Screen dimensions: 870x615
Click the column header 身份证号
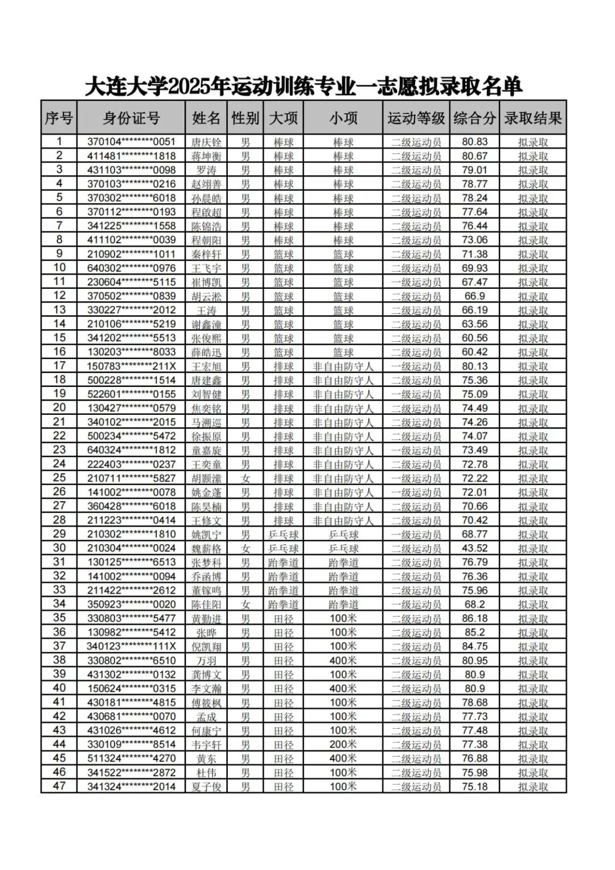click(x=131, y=118)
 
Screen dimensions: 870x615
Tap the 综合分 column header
click(x=474, y=118)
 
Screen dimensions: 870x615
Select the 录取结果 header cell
click(x=533, y=118)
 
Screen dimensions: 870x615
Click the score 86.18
click(x=474, y=618)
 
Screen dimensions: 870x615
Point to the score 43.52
click(x=474, y=548)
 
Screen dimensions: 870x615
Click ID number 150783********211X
click(x=131, y=366)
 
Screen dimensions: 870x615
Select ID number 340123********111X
click(x=131, y=646)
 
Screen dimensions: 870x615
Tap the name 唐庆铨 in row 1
click(x=206, y=142)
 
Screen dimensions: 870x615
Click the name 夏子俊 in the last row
click(x=206, y=786)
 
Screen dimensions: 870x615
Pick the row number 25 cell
click(x=59, y=478)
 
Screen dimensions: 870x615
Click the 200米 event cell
click(x=343, y=744)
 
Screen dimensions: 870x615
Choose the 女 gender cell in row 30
click(x=245, y=548)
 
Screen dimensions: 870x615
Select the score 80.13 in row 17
click(x=474, y=366)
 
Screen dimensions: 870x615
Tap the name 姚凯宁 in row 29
click(x=206, y=534)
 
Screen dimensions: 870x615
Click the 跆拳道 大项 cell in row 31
click(x=284, y=562)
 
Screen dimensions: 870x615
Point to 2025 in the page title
click(x=188, y=87)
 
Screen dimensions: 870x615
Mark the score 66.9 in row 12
click(x=474, y=296)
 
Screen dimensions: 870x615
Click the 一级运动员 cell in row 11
click(x=416, y=282)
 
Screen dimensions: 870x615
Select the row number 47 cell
click(x=59, y=786)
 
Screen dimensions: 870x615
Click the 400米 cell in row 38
click(x=343, y=660)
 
